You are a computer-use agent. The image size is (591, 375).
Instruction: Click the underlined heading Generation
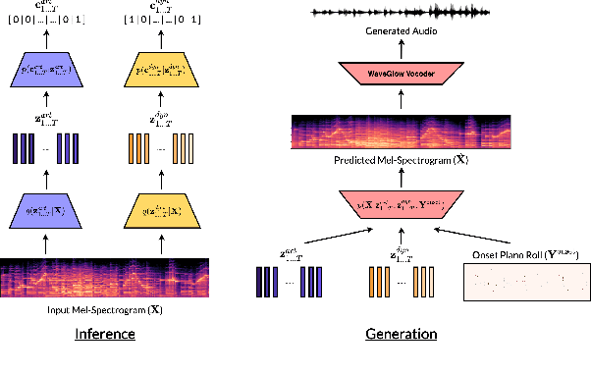(x=401, y=335)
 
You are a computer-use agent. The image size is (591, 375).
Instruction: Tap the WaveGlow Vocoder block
(x=401, y=73)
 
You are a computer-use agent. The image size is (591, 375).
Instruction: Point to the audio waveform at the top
(x=401, y=12)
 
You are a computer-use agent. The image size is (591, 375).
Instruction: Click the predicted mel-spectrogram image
(x=401, y=134)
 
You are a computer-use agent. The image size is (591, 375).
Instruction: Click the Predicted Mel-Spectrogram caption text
(x=401, y=161)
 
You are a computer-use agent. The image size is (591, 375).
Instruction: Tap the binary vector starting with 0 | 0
(x=46, y=20)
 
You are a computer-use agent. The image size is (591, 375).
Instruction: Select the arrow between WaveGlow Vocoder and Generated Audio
(x=401, y=49)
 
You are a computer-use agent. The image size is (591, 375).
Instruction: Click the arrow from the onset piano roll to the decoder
(x=481, y=236)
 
